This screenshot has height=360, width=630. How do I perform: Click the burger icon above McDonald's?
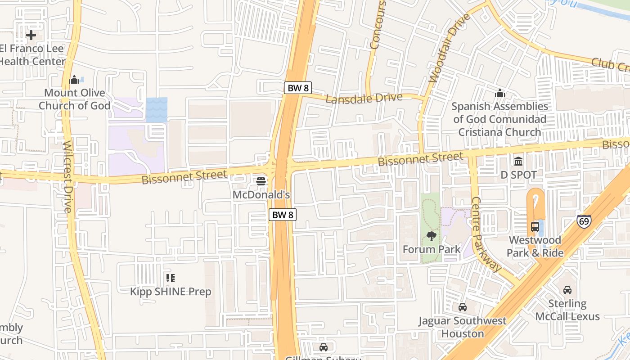(261, 181)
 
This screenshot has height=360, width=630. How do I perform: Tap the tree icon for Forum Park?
(431, 236)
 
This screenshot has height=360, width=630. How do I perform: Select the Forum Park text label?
(431, 249)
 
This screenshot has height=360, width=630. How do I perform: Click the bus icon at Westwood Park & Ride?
(535, 227)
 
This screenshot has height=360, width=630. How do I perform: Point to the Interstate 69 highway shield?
(584, 221)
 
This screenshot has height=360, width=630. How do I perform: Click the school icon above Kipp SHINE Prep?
(170, 278)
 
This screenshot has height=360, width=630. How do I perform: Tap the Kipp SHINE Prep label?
(171, 292)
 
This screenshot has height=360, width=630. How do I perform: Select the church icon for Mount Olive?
(74, 80)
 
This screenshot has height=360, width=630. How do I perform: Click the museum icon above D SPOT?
(518, 161)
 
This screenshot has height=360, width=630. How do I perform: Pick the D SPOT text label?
(518, 175)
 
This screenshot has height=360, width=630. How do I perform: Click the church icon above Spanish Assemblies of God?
(499, 94)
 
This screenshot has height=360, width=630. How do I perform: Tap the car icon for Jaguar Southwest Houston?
(462, 307)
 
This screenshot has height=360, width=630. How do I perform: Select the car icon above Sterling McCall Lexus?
(567, 290)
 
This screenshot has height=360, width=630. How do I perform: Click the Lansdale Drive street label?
(364, 98)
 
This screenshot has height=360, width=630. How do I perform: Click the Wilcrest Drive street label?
(67, 176)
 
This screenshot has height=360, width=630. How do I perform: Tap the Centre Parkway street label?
(486, 234)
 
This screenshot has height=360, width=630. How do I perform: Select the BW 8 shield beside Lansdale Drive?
(298, 88)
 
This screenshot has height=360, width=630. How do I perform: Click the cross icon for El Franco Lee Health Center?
(31, 35)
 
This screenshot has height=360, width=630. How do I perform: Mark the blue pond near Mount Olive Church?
(157, 110)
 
